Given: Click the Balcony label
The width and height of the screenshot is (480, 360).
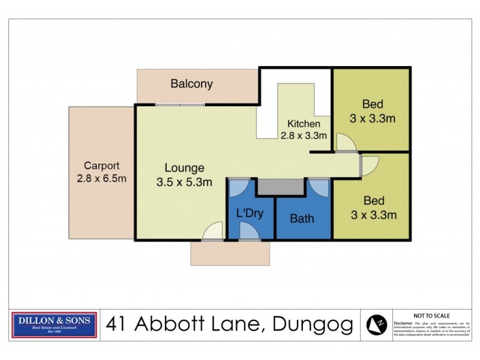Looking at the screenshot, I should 191,84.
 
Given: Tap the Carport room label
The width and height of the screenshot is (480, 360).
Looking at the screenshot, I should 101,166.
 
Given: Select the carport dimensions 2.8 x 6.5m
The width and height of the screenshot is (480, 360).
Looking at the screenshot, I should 101,178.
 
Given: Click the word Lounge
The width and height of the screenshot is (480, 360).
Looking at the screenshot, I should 185,169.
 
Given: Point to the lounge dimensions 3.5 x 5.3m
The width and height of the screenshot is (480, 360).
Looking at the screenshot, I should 185,182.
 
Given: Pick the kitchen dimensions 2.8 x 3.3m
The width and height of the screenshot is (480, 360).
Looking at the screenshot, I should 303,136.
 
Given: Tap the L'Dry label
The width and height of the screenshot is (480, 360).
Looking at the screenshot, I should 250,213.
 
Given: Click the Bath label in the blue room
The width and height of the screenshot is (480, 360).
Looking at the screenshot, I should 302,218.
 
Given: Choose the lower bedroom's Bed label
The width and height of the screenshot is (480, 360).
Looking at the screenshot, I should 372,200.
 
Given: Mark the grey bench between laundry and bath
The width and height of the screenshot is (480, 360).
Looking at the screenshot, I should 281,187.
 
